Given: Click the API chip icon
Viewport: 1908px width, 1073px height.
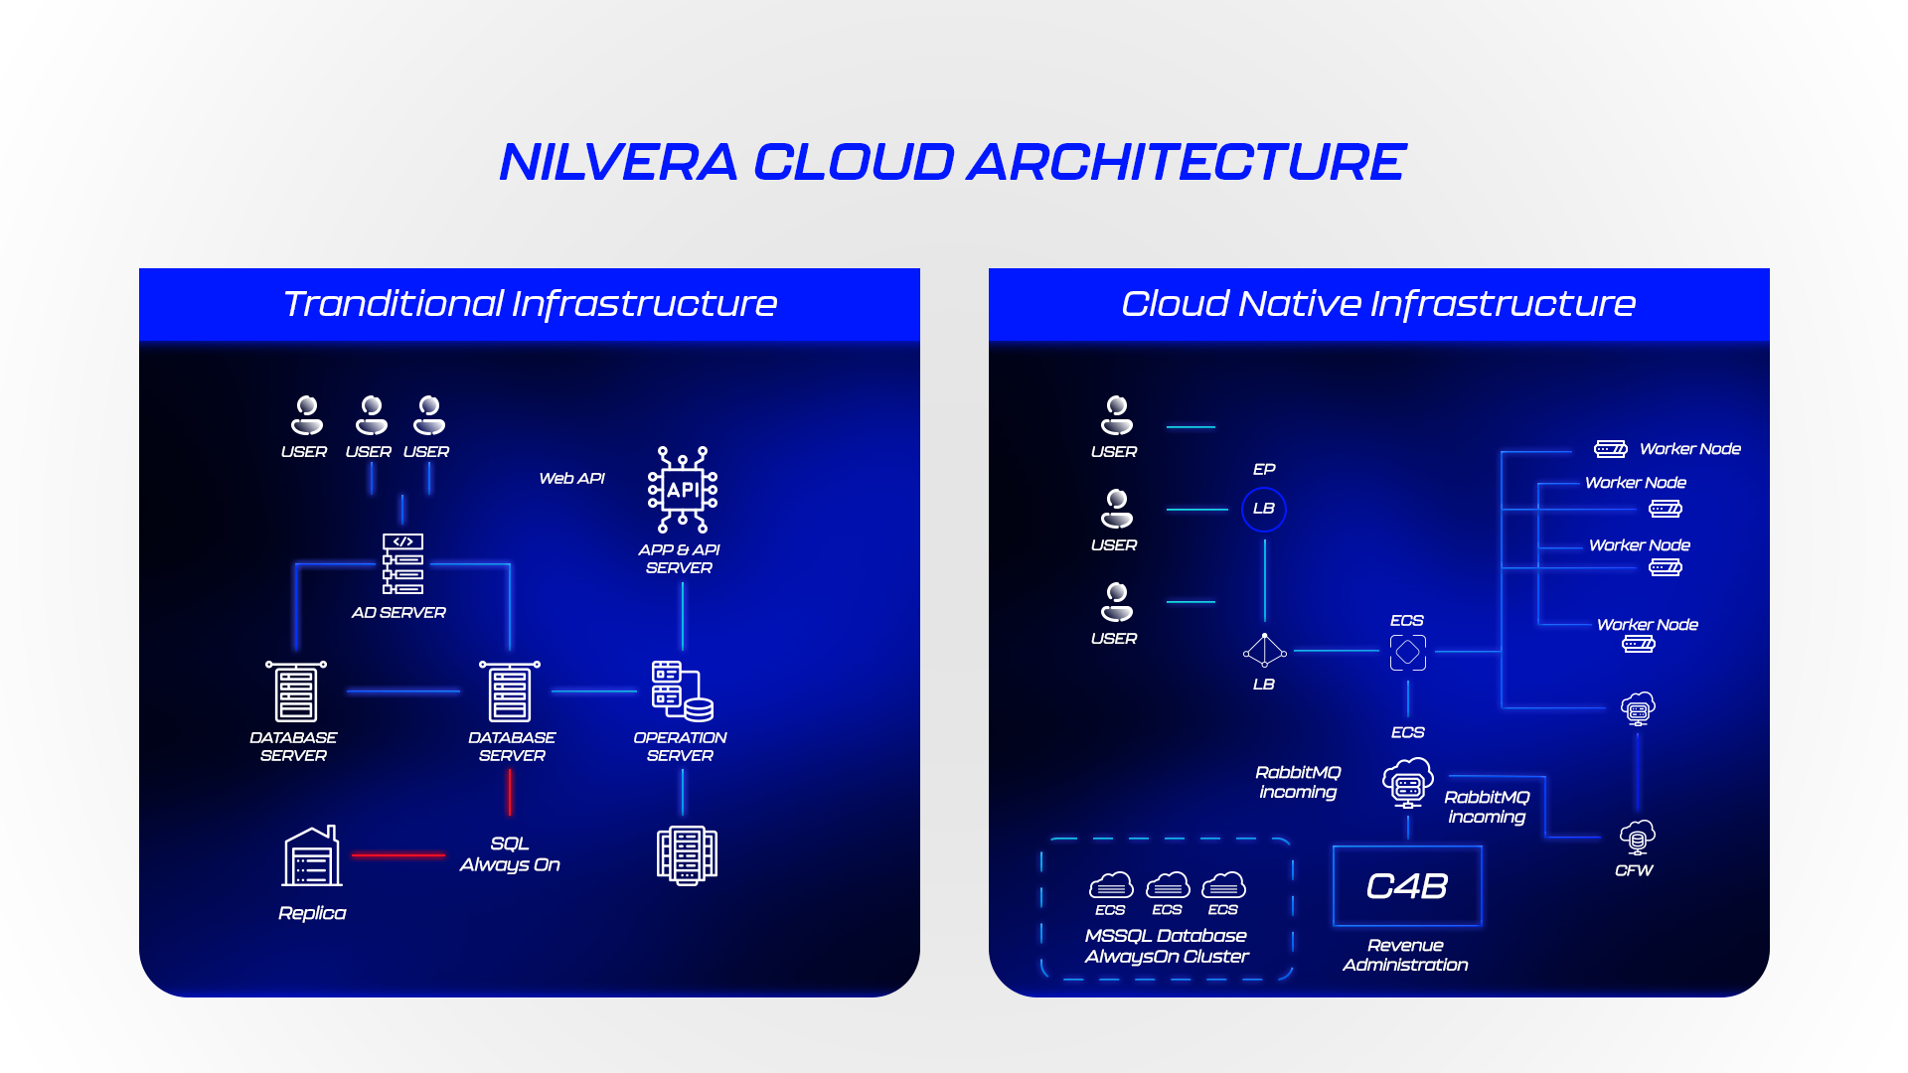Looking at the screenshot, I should tap(683, 490).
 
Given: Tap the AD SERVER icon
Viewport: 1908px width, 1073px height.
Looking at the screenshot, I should tap(402, 563).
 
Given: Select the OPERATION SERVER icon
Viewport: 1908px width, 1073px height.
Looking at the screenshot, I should tap(683, 690).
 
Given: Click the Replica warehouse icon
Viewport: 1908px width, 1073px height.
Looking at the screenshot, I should tap(312, 856).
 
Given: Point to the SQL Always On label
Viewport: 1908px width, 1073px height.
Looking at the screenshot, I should tap(510, 854).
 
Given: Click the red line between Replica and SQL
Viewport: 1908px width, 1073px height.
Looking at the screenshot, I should tap(397, 854).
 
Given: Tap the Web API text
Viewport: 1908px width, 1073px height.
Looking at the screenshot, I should tap(571, 479).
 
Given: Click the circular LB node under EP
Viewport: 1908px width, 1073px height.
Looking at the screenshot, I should tap(1264, 509).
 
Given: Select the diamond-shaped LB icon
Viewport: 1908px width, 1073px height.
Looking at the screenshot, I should tap(1264, 651).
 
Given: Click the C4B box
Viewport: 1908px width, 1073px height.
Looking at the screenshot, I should tap(1407, 886).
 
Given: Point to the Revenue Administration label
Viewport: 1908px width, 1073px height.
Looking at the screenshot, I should tap(1405, 955).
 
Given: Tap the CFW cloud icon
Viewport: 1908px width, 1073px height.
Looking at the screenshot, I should tap(1638, 837).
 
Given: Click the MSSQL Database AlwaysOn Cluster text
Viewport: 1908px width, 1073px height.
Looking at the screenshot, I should tap(1167, 946).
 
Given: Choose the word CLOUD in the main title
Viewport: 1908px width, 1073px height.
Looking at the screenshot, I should tap(854, 162).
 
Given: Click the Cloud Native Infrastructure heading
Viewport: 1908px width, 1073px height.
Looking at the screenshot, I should tap(1378, 304).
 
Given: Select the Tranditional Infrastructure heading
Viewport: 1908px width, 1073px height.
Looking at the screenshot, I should tap(530, 304).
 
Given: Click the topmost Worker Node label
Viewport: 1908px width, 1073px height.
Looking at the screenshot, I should tap(1689, 449).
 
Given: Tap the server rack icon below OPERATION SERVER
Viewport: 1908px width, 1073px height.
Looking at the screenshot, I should tap(687, 854).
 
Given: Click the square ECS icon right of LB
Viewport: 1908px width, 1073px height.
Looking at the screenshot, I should tap(1408, 653).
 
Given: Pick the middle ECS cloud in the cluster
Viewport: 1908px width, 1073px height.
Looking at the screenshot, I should tap(1168, 884).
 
